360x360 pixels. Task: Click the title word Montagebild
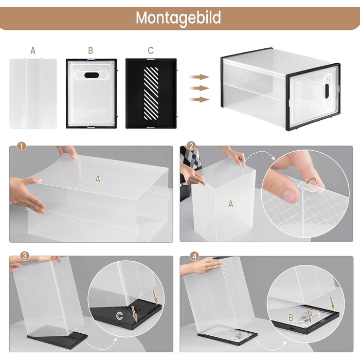(x=178, y=18)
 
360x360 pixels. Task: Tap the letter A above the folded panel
(x=33, y=50)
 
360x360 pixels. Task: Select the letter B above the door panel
(x=91, y=50)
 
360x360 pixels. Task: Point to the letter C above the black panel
(x=151, y=50)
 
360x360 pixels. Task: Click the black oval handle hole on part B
(x=92, y=75)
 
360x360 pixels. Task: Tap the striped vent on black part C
(x=151, y=93)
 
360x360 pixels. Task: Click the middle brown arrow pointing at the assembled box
(x=199, y=88)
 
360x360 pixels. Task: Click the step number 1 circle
(x=22, y=147)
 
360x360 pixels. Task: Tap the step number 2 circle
(x=191, y=146)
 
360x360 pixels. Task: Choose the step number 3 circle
(x=25, y=256)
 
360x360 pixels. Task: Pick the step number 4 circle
(x=194, y=256)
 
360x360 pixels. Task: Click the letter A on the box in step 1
(x=98, y=179)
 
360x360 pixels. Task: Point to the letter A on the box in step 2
(x=231, y=204)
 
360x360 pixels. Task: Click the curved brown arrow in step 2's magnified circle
(x=312, y=182)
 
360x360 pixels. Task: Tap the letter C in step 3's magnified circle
(x=119, y=316)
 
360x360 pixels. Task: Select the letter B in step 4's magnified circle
(x=291, y=317)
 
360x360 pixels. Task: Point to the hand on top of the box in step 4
(x=202, y=265)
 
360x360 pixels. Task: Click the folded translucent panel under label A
(x=33, y=94)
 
